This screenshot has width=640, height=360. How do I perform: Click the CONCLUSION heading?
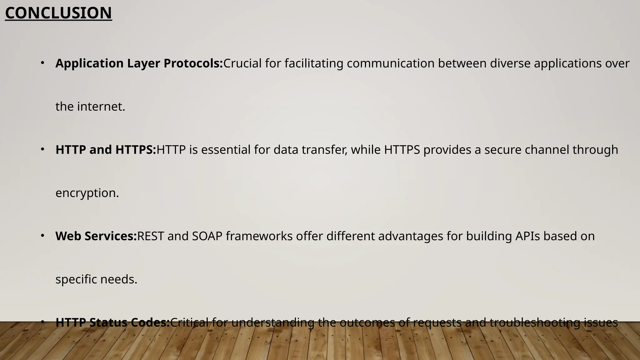click(x=58, y=13)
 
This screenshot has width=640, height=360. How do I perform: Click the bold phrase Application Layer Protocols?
click(x=139, y=63)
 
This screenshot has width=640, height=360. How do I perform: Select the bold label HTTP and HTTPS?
click(x=106, y=150)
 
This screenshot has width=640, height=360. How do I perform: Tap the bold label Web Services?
click(x=96, y=236)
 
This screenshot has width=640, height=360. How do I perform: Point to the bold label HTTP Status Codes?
click(x=112, y=322)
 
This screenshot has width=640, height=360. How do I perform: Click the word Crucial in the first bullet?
click(x=242, y=63)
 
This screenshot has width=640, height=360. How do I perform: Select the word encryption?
click(x=87, y=193)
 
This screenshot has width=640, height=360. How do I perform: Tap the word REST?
click(x=150, y=236)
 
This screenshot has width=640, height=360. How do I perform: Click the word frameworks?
click(x=259, y=236)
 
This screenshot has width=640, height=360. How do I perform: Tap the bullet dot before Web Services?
click(x=42, y=236)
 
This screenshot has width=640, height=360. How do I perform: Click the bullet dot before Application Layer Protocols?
click(x=42, y=63)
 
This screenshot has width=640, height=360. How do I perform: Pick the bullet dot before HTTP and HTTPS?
click(x=42, y=149)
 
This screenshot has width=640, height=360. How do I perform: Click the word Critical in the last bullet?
click(x=189, y=322)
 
